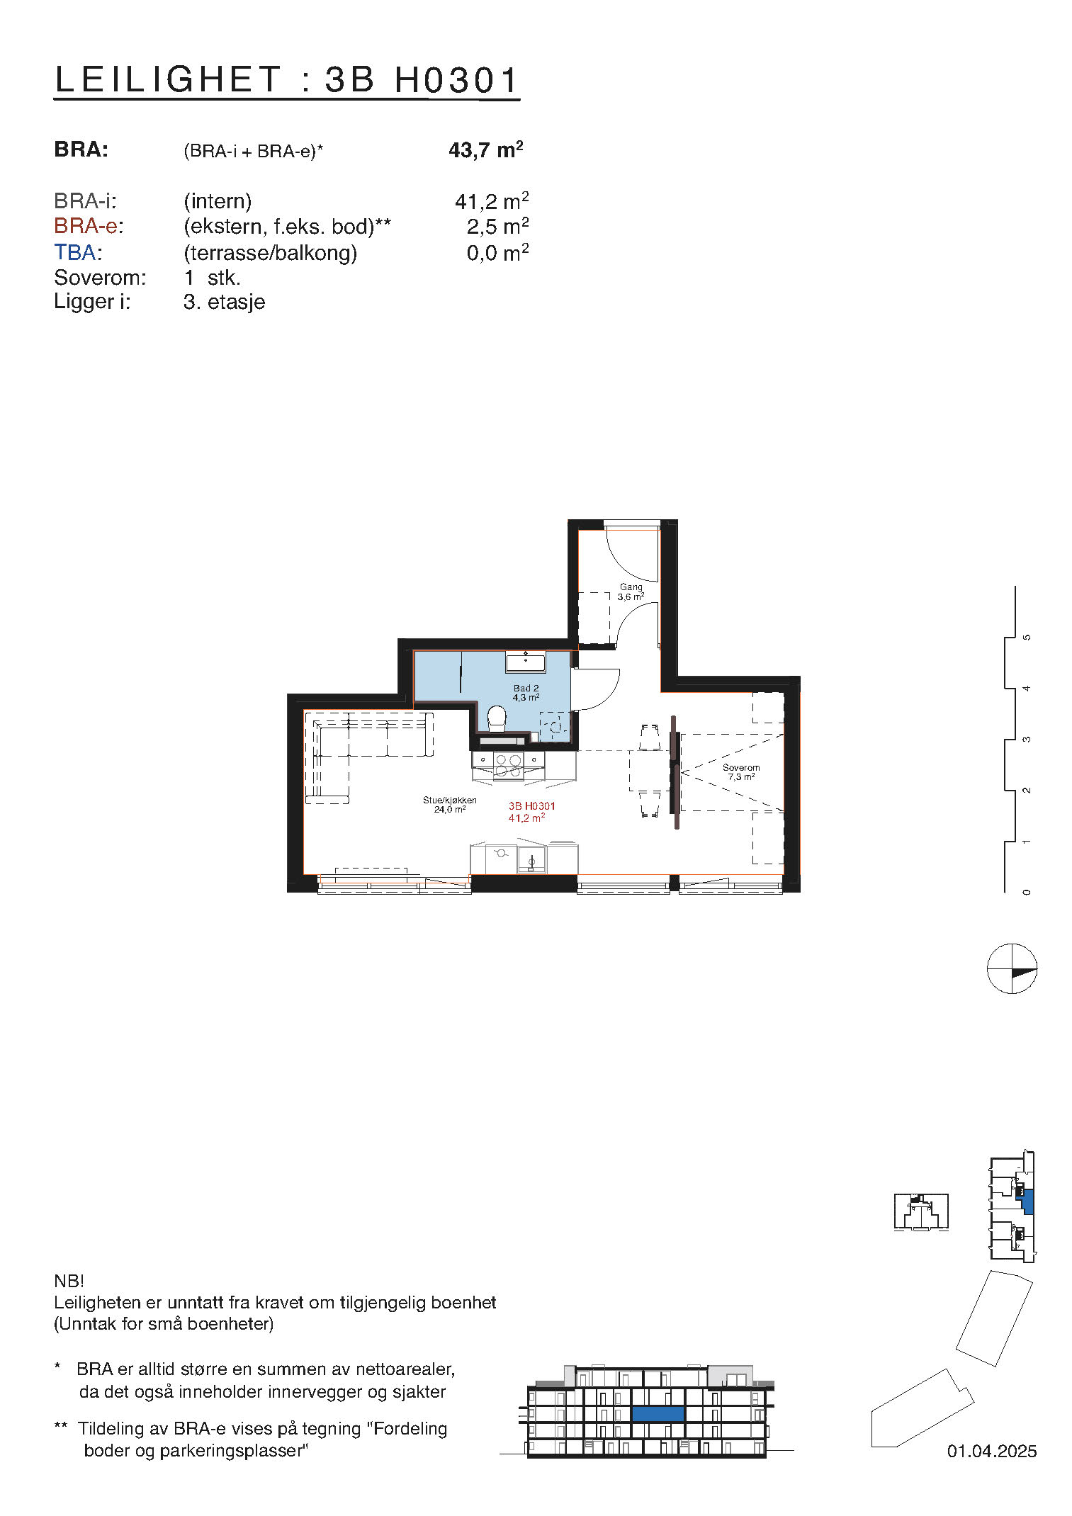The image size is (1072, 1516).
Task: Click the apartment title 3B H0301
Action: click(x=286, y=79)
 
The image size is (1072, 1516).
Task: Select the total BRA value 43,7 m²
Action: click(x=485, y=150)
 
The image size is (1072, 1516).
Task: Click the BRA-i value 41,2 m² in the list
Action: click(x=491, y=202)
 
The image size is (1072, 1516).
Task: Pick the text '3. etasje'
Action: click(x=224, y=302)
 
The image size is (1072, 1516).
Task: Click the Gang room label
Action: click(x=631, y=587)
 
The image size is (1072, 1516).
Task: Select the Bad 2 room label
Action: click(x=526, y=689)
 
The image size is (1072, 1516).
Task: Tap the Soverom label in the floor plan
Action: click(x=740, y=768)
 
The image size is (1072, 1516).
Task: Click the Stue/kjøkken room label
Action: click(x=449, y=801)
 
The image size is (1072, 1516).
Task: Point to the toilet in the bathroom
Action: click(x=497, y=719)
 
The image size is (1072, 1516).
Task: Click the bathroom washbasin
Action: click(x=525, y=663)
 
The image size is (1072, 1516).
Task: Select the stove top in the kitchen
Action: click(x=508, y=765)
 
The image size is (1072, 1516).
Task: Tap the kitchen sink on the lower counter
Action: click(x=531, y=859)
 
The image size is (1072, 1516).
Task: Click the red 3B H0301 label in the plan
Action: click(x=531, y=806)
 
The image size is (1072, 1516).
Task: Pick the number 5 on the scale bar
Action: click(x=1026, y=638)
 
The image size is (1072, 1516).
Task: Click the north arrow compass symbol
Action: click(x=1011, y=968)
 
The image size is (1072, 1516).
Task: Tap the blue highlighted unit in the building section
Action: click(x=658, y=1414)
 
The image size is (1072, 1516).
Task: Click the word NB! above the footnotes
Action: click(x=69, y=1281)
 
